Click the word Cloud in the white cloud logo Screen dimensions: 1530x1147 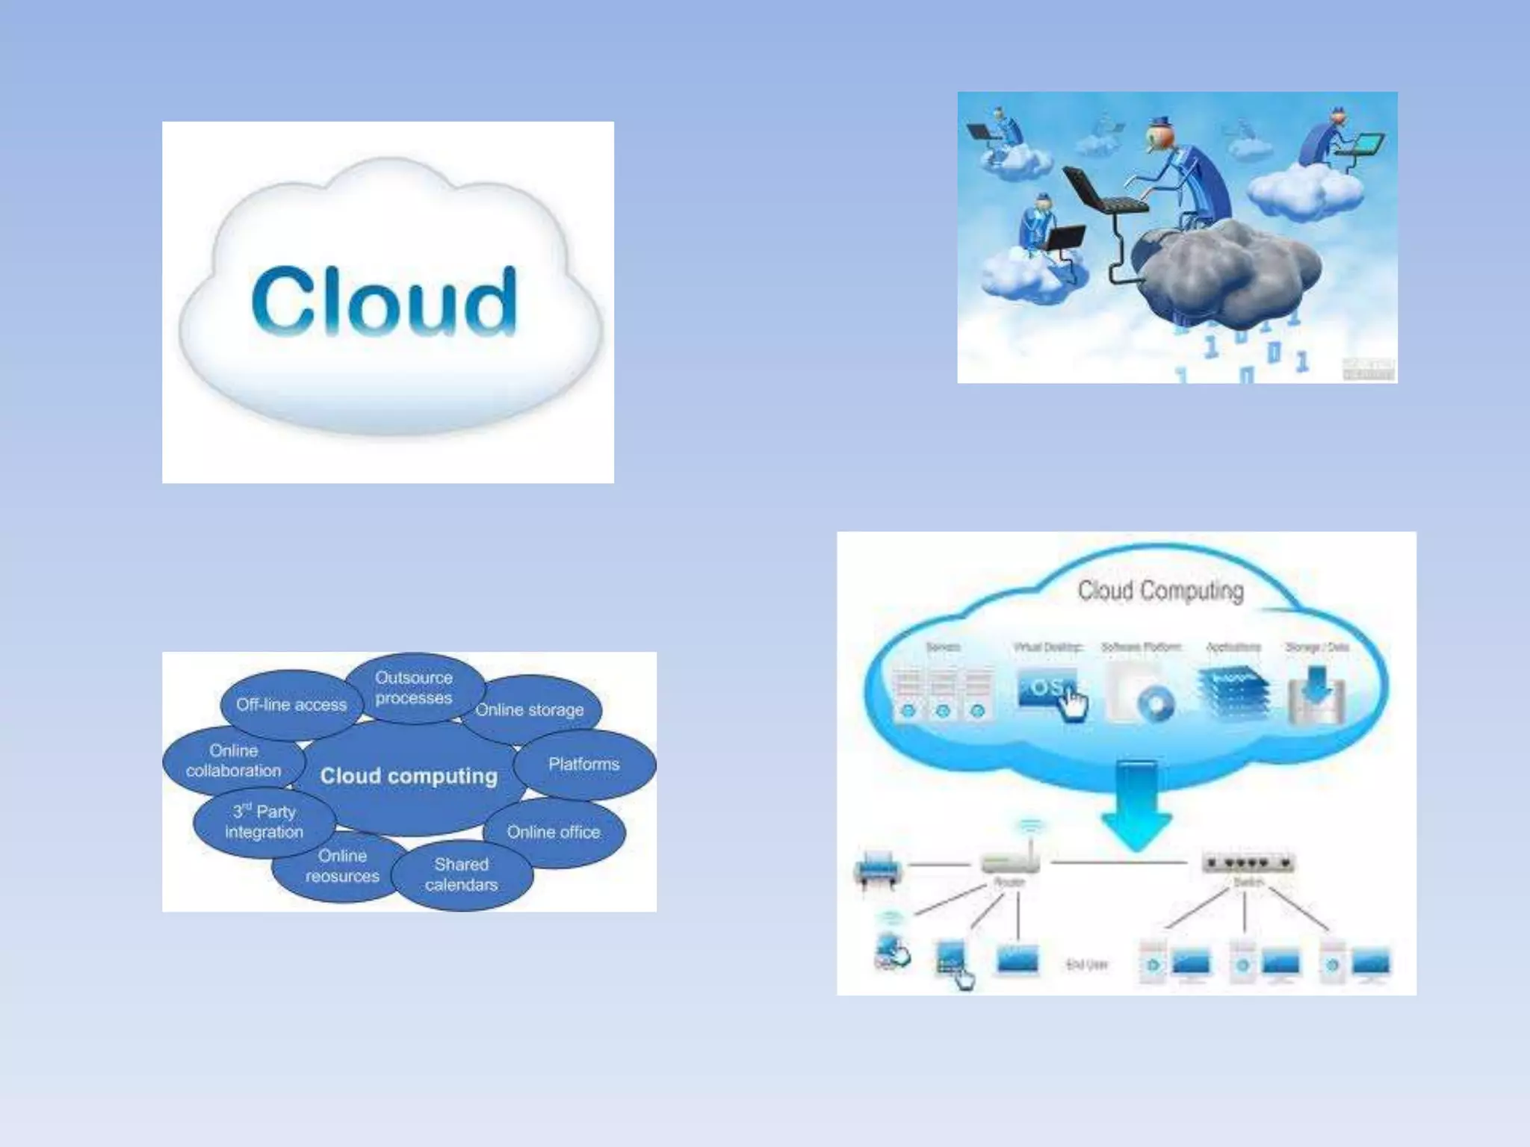tap(384, 301)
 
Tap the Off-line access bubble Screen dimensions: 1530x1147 tap(291, 704)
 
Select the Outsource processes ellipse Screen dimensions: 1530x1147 tap(414, 688)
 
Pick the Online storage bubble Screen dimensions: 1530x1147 tap(530, 710)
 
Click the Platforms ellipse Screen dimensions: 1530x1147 tap(584, 764)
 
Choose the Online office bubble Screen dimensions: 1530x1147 tap(554, 832)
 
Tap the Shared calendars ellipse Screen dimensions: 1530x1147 tap(462, 874)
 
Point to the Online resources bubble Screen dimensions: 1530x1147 tap(342, 866)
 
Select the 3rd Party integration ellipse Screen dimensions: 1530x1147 tap(264, 821)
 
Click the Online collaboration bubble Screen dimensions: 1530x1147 tap(233, 761)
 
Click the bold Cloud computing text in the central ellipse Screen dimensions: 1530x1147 tap(409, 777)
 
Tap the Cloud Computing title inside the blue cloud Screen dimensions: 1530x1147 tap(1160, 591)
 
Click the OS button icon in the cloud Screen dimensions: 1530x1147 tap(1047, 688)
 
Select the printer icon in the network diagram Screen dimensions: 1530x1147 tap(877, 868)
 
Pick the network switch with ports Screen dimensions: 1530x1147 tap(1248, 864)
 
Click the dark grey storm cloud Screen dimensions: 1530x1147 tap(1225, 273)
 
